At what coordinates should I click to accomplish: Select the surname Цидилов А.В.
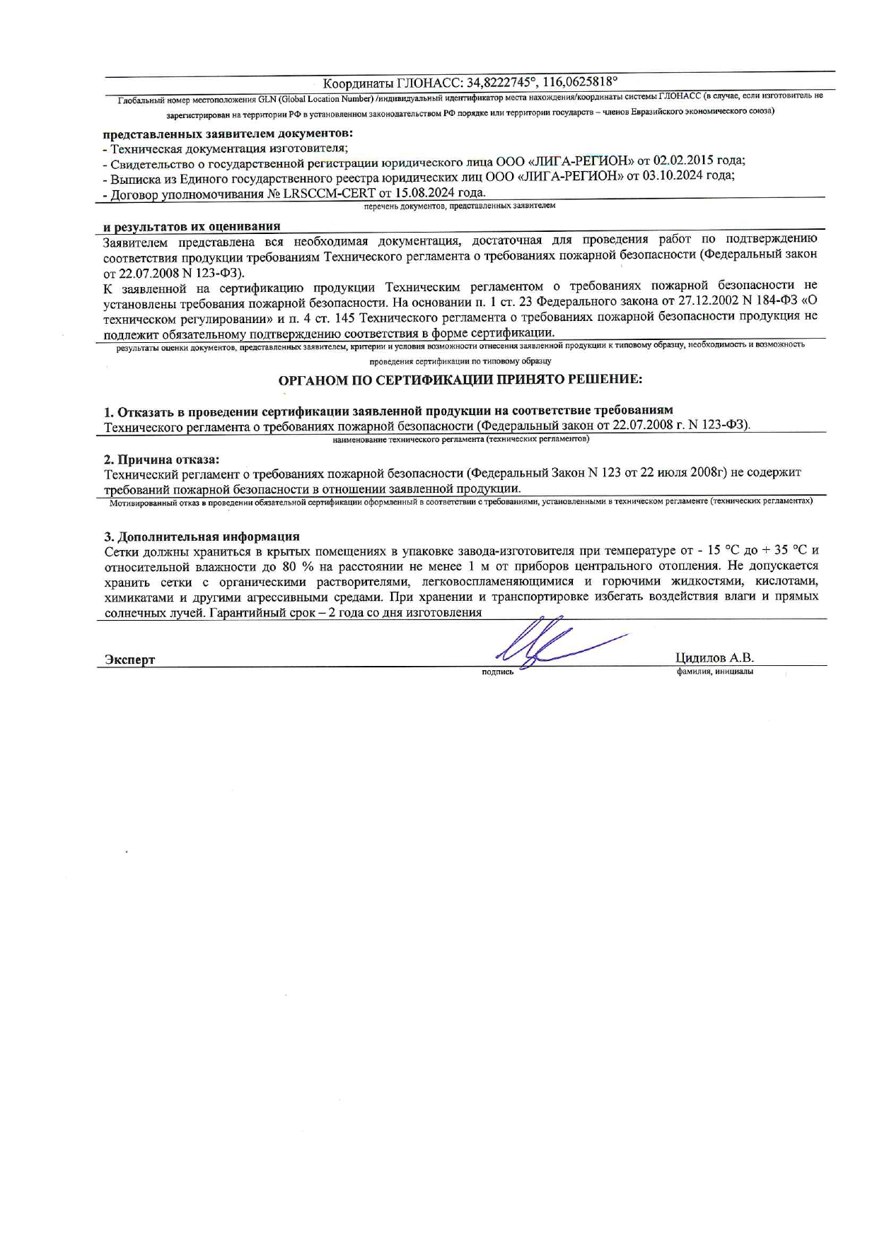tap(714, 657)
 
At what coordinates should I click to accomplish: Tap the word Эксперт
tap(130, 660)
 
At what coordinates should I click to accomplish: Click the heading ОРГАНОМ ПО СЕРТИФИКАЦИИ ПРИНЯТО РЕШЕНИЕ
tap(460, 380)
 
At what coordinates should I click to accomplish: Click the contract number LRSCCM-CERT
tap(330, 192)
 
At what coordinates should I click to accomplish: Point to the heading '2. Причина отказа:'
tap(162, 460)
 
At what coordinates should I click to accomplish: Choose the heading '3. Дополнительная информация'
tap(202, 537)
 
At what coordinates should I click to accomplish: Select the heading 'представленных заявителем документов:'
tap(228, 133)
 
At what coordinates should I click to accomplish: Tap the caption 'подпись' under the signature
tap(497, 672)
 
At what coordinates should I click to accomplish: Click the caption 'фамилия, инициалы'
tap(714, 672)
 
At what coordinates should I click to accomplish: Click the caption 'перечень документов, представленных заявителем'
tap(460, 206)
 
